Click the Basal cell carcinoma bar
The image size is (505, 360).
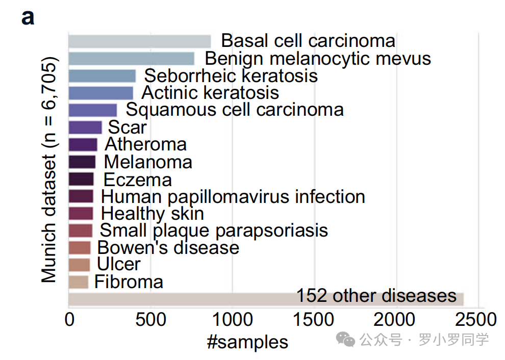139,42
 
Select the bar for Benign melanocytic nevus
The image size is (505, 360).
132,59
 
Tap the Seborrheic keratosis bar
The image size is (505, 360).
102,76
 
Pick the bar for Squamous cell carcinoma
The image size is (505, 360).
93,110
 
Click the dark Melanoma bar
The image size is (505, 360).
82,162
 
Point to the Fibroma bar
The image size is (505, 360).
78,282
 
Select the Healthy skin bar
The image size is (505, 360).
81,214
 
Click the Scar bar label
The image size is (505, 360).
127,127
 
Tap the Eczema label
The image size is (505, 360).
138,179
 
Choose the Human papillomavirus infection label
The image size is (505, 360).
233,197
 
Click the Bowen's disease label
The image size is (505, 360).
168,248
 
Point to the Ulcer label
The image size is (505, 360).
118,264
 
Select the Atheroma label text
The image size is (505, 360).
145,144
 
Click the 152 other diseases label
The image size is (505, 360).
376,296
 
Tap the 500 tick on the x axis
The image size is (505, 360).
150,319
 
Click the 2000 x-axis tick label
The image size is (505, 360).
394,319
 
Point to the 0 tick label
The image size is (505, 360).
69,319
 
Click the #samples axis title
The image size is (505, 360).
247,342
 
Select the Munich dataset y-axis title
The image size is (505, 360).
49,170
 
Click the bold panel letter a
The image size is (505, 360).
28,17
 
